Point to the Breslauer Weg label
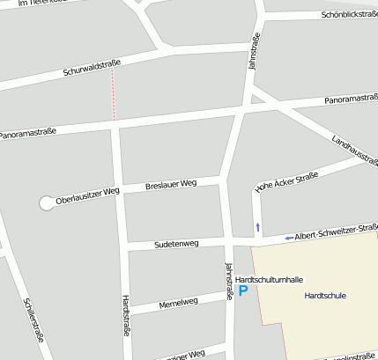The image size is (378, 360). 171,184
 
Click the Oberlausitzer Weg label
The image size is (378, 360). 87,196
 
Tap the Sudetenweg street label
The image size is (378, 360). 176,243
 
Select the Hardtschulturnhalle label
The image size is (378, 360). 270,279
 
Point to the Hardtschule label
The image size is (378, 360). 324,295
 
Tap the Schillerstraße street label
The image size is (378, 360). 33,320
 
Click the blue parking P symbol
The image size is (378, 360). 243,290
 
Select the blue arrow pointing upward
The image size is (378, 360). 257,227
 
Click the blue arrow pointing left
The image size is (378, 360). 289,238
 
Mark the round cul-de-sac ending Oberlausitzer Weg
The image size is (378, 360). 46,203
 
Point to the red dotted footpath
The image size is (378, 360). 113,95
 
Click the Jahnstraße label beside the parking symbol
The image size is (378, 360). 229,282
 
